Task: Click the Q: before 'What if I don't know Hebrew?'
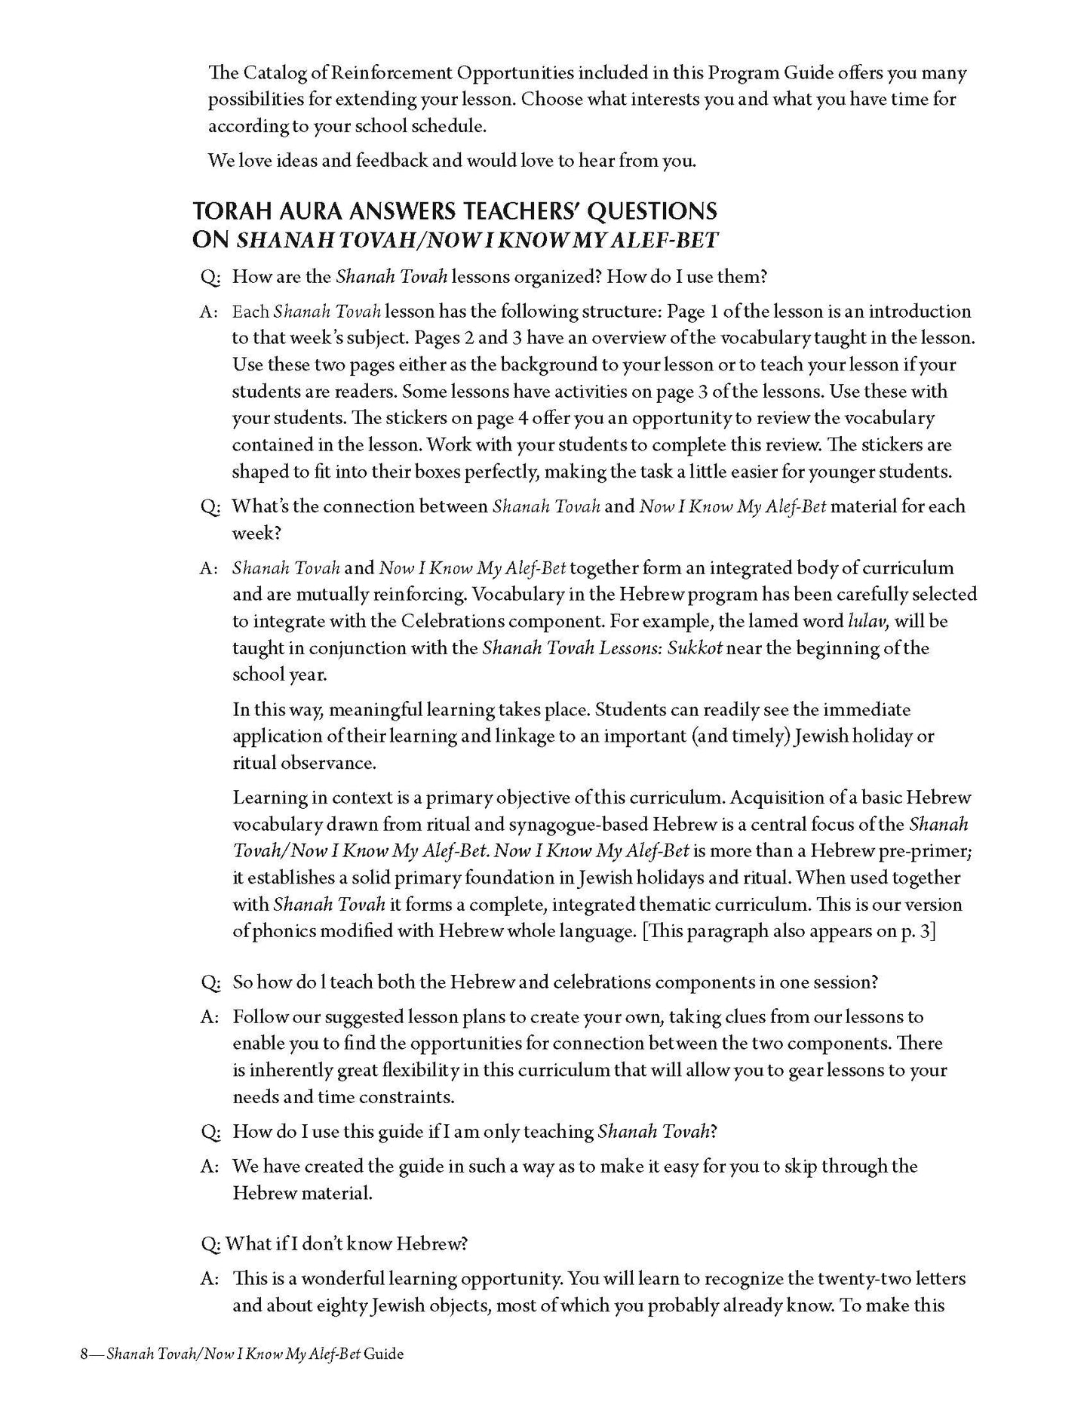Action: coord(210,1243)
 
